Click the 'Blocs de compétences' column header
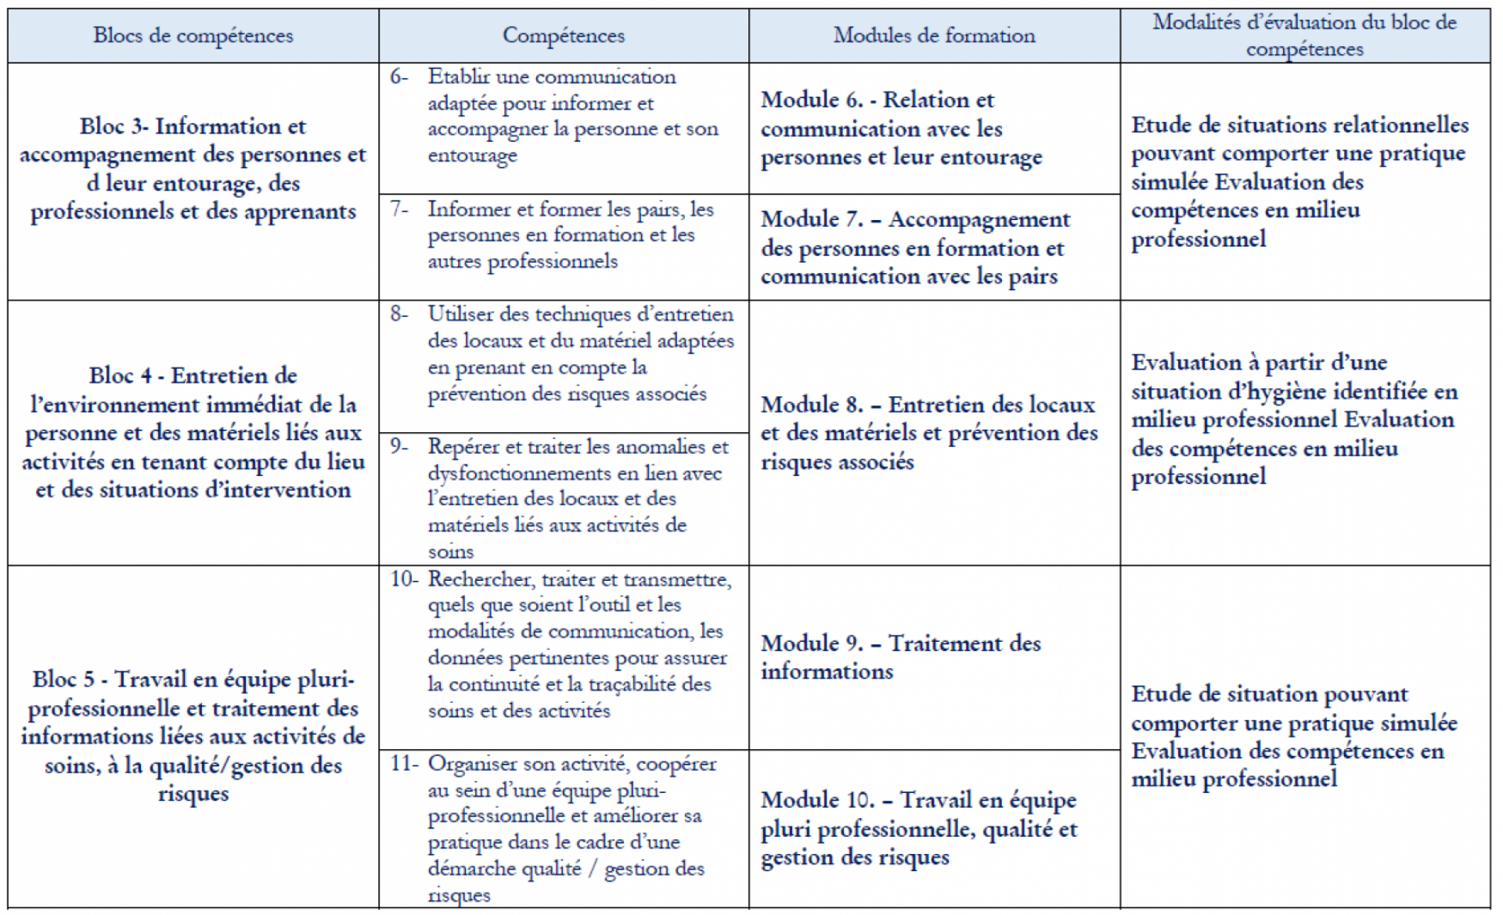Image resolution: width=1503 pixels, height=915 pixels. (193, 36)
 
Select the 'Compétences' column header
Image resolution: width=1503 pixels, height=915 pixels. (564, 36)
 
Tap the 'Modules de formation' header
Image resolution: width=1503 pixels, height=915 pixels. (934, 36)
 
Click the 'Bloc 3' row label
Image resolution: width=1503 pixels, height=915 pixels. (114, 127)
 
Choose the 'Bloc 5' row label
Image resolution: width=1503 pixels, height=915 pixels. (68, 679)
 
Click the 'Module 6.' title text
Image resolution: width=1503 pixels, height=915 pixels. (812, 100)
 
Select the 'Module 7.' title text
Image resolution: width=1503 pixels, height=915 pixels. (812, 220)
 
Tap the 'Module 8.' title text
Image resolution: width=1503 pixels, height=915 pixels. (812, 405)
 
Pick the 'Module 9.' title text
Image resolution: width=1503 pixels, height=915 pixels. (812, 643)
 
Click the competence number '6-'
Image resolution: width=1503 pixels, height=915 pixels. (399, 77)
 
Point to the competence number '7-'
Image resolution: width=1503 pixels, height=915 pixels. (399, 210)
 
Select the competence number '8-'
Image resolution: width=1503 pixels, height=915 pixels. (399, 315)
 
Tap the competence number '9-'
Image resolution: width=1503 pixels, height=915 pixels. (399, 447)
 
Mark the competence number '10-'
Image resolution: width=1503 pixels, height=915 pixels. (405, 580)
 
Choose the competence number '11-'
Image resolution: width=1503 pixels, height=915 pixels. (405, 764)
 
